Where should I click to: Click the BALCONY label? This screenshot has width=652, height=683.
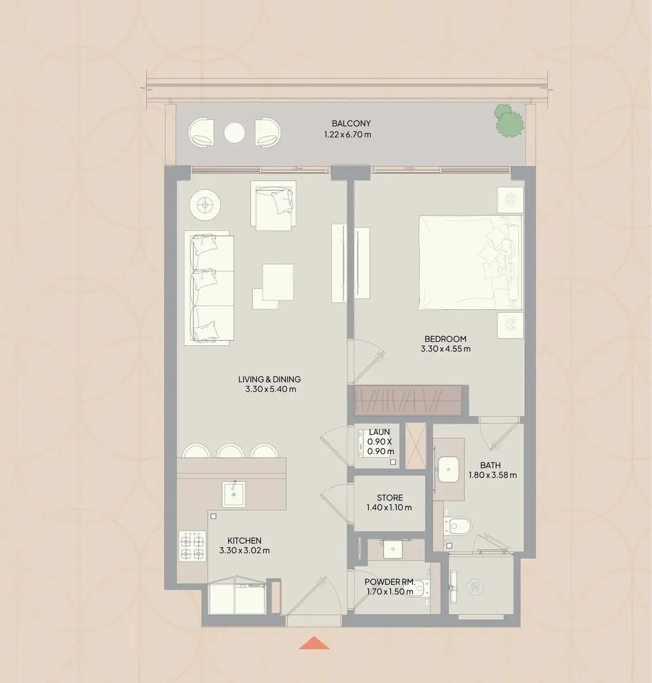[351, 123]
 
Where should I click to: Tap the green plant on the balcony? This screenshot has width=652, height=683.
[509, 120]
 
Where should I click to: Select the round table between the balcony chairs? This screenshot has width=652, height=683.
[234, 133]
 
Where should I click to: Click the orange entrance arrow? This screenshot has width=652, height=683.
[314, 643]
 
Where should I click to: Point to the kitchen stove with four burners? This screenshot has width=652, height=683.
[192, 545]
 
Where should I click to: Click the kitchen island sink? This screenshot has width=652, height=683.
[234, 494]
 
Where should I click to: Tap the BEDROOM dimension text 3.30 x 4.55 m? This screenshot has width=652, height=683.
[446, 349]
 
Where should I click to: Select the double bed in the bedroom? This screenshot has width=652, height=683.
[471, 263]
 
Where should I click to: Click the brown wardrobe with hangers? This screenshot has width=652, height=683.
[408, 400]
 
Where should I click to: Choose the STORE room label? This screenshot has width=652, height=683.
[390, 498]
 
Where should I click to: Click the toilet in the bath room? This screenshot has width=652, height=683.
[457, 526]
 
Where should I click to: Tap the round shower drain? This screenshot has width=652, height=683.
[475, 587]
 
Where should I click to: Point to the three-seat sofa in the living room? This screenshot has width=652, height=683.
[209, 288]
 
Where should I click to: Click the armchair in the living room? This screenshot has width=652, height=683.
[273, 206]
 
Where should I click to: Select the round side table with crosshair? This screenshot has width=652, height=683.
[205, 205]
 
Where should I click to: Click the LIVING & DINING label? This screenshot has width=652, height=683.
[269, 380]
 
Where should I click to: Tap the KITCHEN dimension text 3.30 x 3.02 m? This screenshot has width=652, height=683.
[244, 550]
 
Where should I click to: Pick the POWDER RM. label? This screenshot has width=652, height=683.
[390, 581]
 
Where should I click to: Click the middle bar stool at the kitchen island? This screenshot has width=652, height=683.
[230, 451]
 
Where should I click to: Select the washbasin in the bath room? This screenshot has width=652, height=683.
[448, 469]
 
